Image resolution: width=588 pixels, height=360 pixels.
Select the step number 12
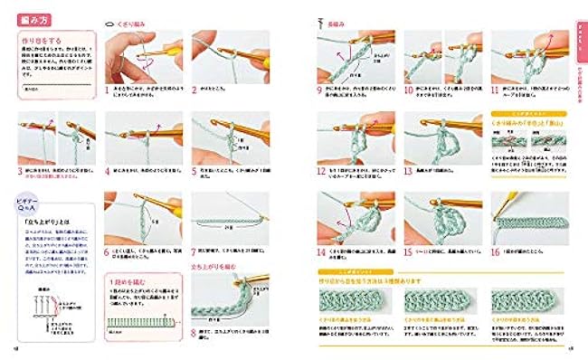(320, 169)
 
